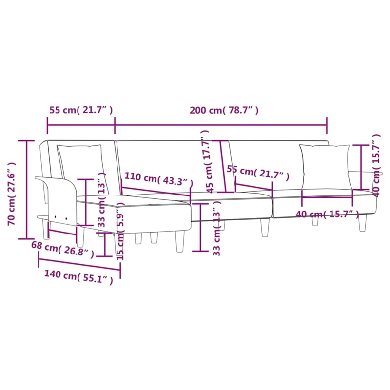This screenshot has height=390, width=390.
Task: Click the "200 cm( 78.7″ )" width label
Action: pyautogui.click(x=224, y=110)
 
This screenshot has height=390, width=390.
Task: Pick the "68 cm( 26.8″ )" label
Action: pyautogui.click(x=62, y=249)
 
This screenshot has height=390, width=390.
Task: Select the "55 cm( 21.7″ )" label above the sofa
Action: pyautogui.click(x=81, y=110)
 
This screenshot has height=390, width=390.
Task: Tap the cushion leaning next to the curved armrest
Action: pyautogui.click(x=82, y=166)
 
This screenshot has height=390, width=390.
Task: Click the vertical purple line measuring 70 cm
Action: pyautogui.click(x=26, y=190)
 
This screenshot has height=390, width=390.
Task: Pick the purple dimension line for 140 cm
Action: pyautogui.click(x=79, y=264)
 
